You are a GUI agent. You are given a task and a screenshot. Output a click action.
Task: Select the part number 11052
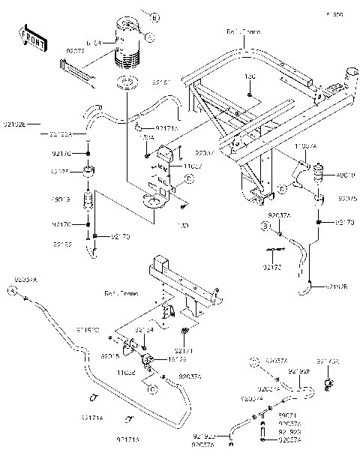(x=125, y=370)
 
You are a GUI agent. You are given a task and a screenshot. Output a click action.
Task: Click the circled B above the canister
(x=154, y=16)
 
